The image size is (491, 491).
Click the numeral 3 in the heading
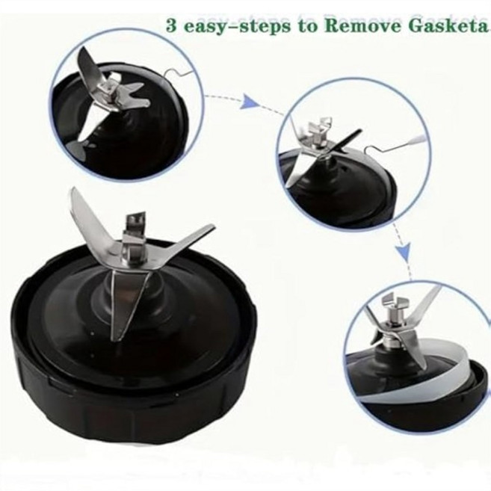point(171,25)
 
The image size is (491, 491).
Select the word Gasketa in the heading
point(448,25)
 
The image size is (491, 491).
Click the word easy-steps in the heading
point(237,26)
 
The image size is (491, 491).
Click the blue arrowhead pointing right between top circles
point(251,102)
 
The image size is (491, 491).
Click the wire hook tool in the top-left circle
point(179,73)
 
